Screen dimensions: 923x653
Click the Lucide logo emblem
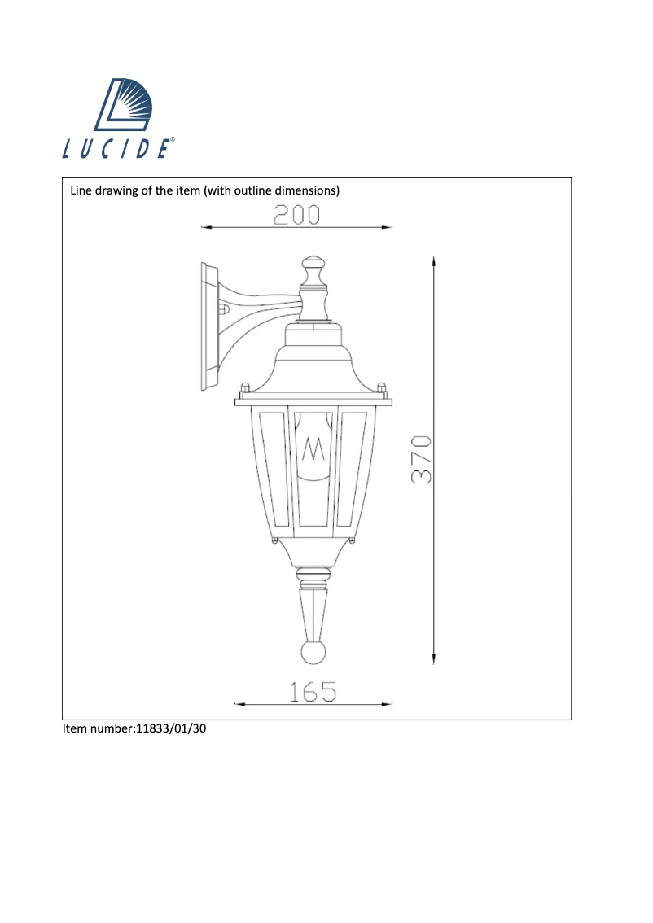coord(128,106)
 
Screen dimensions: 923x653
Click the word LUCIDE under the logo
coord(117,150)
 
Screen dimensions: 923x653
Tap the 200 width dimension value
coord(296,215)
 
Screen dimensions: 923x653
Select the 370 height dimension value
coord(420,461)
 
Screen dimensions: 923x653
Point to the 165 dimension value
coord(313,692)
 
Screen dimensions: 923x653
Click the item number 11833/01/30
coord(172,729)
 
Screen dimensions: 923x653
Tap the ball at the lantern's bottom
coord(313,653)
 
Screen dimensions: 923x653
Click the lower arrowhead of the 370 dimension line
coord(434,661)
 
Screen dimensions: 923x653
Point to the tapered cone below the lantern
coord(313,615)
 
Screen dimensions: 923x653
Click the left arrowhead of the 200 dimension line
coord(205,228)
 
